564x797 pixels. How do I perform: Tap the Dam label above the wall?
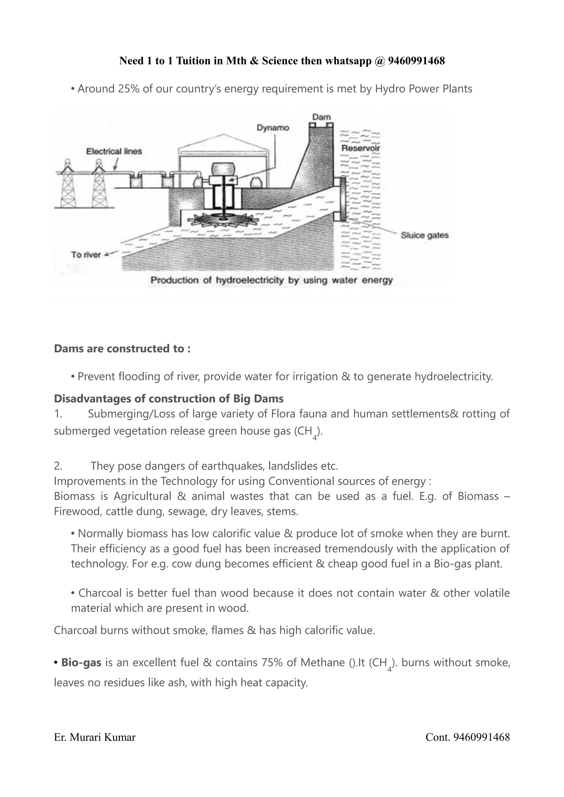(x=321, y=117)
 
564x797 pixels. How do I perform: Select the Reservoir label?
(x=360, y=148)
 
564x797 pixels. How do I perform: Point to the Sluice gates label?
(x=424, y=235)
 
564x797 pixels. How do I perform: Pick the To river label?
(x=86, y=254)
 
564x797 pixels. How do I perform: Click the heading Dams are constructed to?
(x=122, y=348)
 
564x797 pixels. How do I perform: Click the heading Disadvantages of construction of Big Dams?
(x=169, y=398)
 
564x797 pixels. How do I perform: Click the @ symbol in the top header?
(x=379, y=61)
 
